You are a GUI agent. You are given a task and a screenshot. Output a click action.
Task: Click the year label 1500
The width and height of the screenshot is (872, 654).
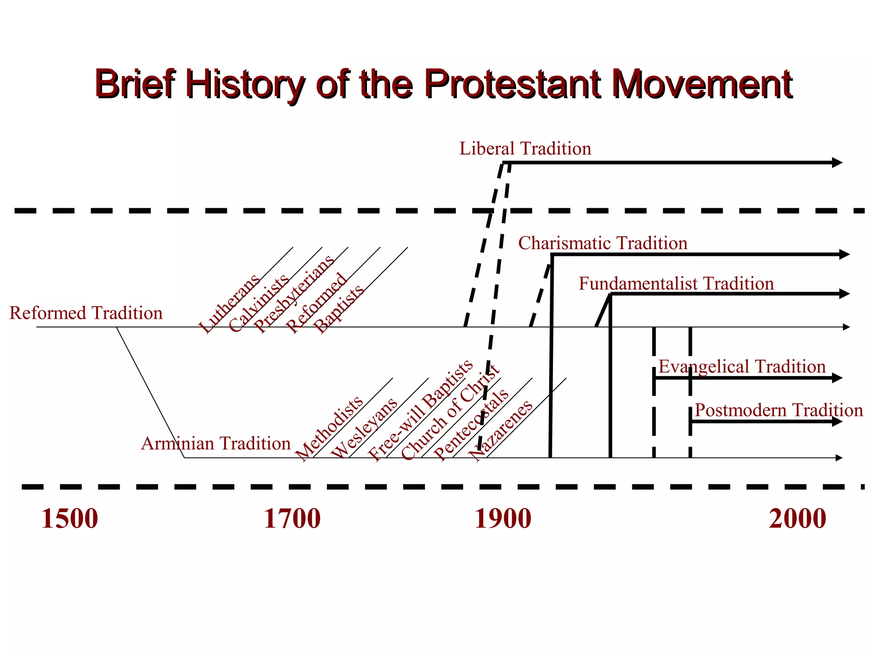coord(69,519)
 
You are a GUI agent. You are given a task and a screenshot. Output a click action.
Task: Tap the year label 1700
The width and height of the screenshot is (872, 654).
coord(292,519)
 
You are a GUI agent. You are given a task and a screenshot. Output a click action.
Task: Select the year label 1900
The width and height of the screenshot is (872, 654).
coord(502,519)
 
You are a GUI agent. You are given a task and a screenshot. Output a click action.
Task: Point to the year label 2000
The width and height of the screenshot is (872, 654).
coord(797,519)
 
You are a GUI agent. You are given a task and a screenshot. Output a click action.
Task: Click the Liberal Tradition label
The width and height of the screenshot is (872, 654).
coord(525,149)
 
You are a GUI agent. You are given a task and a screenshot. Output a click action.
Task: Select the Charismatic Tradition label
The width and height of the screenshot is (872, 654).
coord(602,243)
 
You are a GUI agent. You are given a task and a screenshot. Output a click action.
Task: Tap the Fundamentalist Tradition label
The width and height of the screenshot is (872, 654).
coord(676,284)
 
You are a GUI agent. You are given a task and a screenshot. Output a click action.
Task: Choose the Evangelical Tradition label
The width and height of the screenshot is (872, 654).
coord(742,367)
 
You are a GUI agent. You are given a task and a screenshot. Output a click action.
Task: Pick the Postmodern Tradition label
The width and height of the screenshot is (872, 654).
coord(779,410)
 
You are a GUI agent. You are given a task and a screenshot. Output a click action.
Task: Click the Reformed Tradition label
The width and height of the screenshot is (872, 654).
coord(86,313)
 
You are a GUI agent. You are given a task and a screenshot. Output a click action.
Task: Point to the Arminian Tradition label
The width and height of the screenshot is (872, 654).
coord(216,444)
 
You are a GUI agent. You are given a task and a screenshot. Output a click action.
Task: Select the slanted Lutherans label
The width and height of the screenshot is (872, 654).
coord(229,303)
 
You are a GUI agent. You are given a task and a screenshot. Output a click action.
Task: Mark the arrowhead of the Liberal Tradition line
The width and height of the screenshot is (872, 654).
coord(837,162)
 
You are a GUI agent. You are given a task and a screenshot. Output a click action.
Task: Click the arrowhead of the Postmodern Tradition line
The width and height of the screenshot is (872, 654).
coord(837,422)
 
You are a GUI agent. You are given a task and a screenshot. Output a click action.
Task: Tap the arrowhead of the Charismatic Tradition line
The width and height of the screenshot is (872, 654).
coord(844,255)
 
